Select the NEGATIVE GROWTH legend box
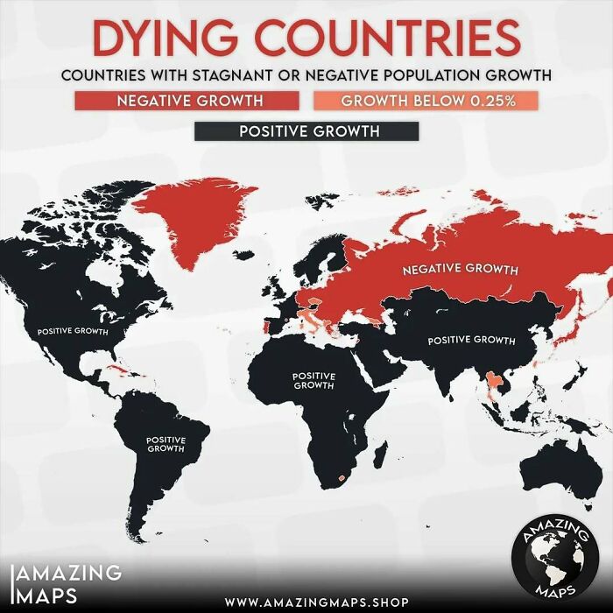[191, 100]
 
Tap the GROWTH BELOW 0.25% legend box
[426, 100]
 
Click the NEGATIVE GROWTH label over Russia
[460, 268]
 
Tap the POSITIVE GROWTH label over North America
[73, 332]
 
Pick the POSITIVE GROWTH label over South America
[165, 444]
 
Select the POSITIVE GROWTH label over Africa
[314, 380]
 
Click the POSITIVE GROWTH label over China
[471, 340]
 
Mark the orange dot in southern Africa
[338, 478]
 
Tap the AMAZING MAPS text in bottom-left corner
[66, 583]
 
